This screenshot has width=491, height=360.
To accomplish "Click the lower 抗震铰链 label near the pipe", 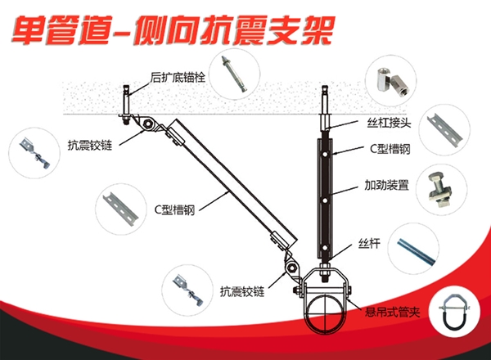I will click(x=240, y=290).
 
